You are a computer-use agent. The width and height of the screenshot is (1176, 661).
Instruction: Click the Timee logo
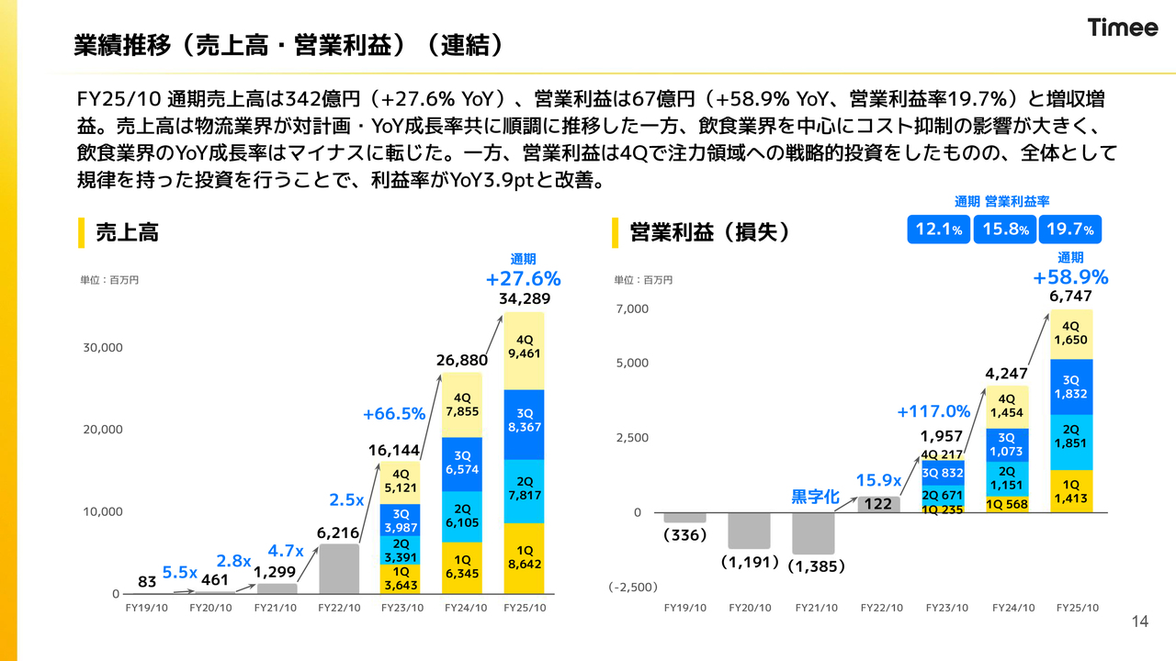(1123, 28)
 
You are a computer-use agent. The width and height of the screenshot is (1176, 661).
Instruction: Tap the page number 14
(1140, 622)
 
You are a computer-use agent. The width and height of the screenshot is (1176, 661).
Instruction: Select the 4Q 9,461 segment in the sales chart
(525, 350)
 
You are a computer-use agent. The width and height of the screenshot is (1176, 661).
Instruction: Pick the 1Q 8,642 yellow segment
(525, 557)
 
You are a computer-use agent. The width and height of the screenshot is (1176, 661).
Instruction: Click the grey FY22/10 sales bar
(339, 569)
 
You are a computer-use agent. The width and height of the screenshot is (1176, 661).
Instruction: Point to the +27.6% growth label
(523, 278)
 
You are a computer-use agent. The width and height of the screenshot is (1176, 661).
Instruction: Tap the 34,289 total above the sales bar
(524, 299)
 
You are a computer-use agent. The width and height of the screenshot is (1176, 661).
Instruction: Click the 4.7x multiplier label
(285, 551)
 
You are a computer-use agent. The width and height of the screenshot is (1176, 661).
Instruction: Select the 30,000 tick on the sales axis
(103, 348)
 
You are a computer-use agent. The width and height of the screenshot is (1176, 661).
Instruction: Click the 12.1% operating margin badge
(938, 230)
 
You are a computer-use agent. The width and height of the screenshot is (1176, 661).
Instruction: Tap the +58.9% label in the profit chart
(1070, 277)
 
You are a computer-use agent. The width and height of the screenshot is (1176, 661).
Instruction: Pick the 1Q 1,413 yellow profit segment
(1070, 492)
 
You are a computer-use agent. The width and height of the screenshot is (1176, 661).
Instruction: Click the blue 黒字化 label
(815, 497)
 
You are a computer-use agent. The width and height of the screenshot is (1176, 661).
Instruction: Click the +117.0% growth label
(933, 411)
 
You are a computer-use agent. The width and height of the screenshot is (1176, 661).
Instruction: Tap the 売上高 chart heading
(127, 233)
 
